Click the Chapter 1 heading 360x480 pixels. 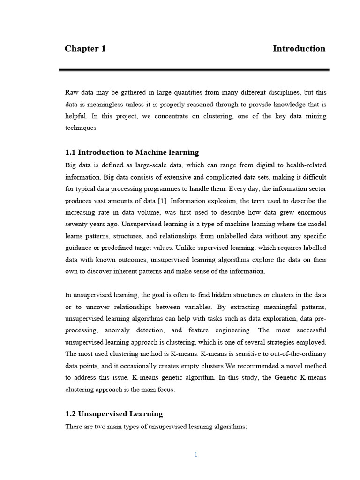point(85,49)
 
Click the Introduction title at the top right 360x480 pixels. point(299,49)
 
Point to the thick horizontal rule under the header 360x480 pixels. point(194,70)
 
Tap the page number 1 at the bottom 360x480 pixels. point(196,455)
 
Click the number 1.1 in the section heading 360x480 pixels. point(70,152)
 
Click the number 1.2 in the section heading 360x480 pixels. point(70,414)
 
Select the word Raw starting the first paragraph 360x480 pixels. point(72,92)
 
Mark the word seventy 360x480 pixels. point(76,224)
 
